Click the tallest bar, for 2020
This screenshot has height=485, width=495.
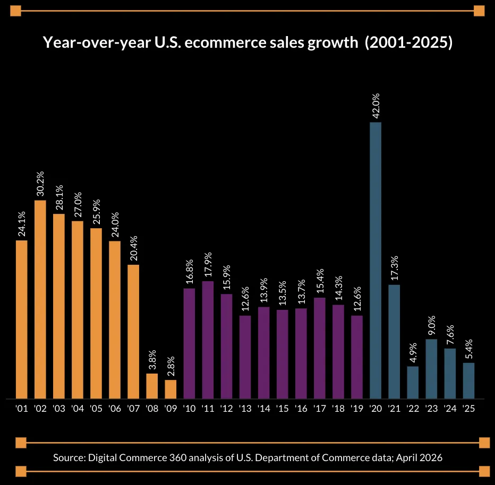tap(375, 260)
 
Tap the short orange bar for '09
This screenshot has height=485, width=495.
tap(170, 389)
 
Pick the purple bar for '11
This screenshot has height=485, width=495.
tap(208, 340)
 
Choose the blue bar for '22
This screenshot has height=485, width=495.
tap(413, 382)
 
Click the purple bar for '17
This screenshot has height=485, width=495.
tap(320, 348)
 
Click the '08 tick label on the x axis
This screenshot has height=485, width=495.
tap(152, 409)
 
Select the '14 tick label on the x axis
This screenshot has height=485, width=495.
tap(263, 409)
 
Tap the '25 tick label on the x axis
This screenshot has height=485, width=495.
tap(468, 409)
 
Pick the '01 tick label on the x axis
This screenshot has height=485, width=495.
tap(22, 409)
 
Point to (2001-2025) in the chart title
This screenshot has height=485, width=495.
tap(408, 43)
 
